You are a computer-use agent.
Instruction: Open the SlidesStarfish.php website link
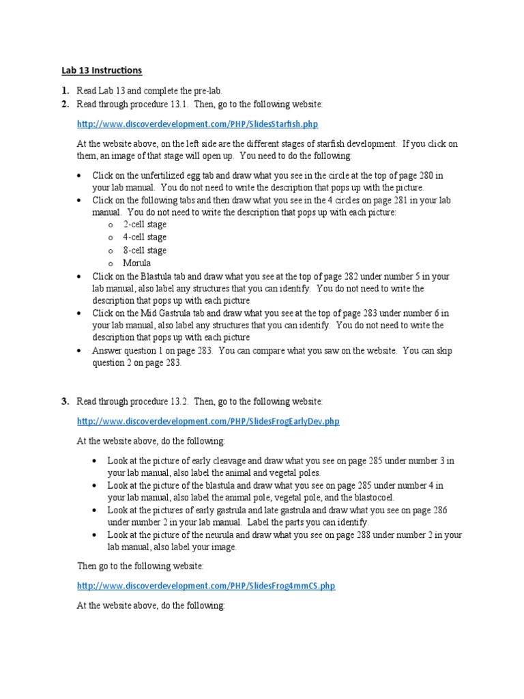tap(197, 124)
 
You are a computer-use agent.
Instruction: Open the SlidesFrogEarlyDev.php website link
tap(208, 421)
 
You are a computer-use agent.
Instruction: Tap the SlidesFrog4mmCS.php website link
tap(206, 586)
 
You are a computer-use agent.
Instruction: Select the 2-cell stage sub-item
tap(145, 225)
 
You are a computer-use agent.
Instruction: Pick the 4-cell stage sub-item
tap(145, 238)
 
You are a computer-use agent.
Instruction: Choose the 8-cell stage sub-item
tap(145, 251)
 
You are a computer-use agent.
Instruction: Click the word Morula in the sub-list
tap(136, 263)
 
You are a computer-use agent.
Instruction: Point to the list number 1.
tap(64, 91)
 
